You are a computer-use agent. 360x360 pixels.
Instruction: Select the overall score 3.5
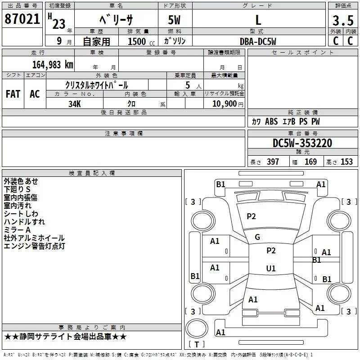pyautogui.click(x=342, y=21)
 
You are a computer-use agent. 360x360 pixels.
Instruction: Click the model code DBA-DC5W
pyautogui.click(x=258, y=41)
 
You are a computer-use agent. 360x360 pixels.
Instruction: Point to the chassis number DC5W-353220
pyautogui.click(x=302, y=143)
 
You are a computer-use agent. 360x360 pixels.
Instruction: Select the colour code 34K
pyautogui.click(x=75, y=103)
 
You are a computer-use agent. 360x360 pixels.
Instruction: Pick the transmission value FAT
pyautogui.click(x=13, y=94)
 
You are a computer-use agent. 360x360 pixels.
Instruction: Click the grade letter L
pyautogui.click(x=258, y=20)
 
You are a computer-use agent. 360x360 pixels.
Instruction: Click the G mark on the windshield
pyautogui.click(x=257, y=237)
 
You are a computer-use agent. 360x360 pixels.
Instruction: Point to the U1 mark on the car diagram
pyautogui.click(x=270, y=268)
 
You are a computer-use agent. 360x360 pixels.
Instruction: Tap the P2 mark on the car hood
pyautogui.click(x=251, y=216)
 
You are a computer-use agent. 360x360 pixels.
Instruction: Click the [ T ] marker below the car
pyautogui.click(x=196, y=345)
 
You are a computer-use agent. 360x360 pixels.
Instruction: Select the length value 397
pyautogui.click(x=273, y=162)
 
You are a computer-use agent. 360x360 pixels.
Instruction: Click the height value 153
pyautogui.click(x=346, y=162)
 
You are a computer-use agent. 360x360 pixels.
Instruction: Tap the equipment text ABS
pyautogui.click(x=271, y=121)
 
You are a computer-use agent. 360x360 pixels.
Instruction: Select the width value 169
pyautogui.click(x=310, y=162)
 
